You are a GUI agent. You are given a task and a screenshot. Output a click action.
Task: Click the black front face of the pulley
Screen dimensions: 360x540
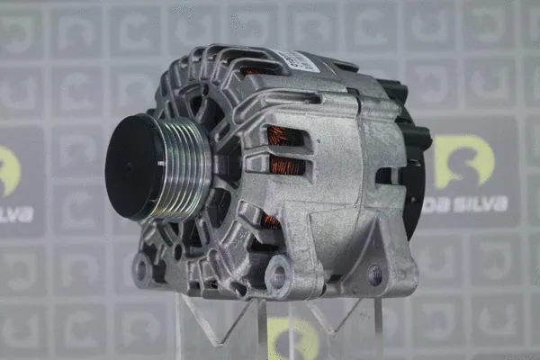coord(135,166)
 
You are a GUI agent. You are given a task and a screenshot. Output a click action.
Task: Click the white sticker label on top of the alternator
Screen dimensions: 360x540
coord(296,61)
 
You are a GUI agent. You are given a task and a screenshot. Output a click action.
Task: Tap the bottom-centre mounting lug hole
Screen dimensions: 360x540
coord(277,276)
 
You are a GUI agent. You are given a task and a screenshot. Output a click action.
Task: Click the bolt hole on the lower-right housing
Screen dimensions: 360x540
coord(374,275)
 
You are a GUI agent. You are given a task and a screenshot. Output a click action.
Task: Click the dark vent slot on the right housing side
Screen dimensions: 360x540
coord(387,175)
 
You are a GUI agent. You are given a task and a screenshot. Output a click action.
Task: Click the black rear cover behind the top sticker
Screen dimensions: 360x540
coord(337,65)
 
